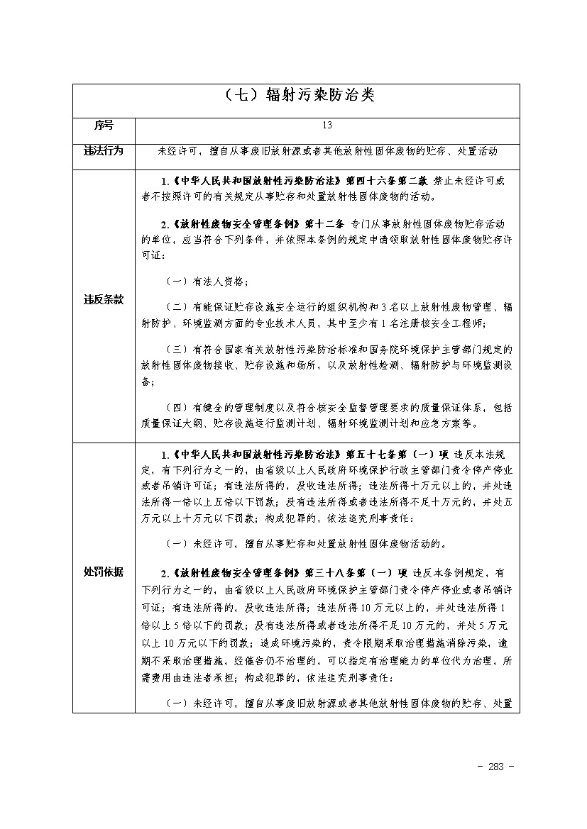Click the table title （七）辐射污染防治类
[x=297, y=95]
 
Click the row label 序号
[x=104, y=125]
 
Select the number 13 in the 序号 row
[x=327, y=125]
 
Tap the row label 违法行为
[x=104, y=150]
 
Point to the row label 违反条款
[x=104, y=299]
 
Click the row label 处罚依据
[x=104, y=572]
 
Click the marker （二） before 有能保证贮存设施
[x=177, y=307]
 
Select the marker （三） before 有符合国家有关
[x=177, y=350]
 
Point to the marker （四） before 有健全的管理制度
[x=177, y=408]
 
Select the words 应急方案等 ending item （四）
[x=454, y=423]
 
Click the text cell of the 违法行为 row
[x=327, y=151]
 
